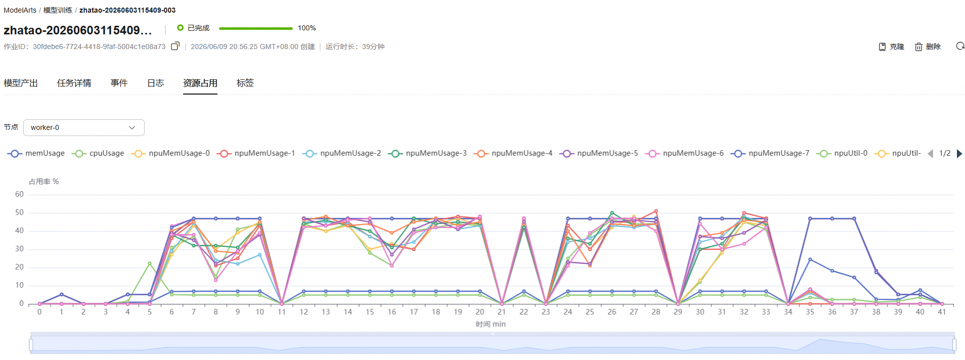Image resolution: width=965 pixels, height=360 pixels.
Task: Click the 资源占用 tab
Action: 200,83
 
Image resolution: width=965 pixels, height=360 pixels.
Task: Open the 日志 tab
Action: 155,83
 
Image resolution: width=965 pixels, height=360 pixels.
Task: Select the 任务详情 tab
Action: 74,83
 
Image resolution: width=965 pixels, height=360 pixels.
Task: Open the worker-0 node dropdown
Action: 84,127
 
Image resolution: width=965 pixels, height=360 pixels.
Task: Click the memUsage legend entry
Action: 36,153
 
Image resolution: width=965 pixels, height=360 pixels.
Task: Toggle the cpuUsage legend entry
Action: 98,153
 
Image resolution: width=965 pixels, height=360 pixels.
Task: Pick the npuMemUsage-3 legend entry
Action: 427,153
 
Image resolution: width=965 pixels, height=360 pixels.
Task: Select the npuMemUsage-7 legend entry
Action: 770,153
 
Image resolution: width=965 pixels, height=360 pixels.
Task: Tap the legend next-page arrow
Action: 959,154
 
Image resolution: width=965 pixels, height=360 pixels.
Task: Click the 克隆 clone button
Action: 891,47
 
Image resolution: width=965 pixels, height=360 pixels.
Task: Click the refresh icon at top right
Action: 960,46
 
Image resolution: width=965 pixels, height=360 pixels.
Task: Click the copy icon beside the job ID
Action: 175,46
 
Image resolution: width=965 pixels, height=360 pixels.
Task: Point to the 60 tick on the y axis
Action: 19,194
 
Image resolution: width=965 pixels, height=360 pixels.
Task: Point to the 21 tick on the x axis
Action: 501,312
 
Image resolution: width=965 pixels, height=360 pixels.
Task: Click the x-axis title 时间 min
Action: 491,324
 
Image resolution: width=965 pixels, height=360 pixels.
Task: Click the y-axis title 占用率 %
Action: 44,182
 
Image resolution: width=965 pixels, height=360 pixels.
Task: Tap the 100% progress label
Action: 306,28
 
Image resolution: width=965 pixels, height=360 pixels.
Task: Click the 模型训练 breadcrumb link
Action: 58,10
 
